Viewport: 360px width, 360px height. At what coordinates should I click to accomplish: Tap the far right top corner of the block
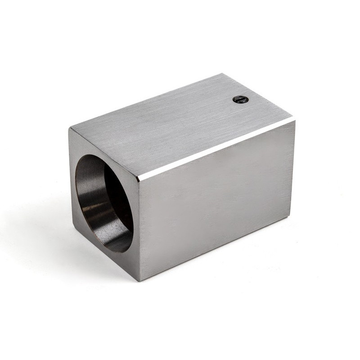coord(295,119)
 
